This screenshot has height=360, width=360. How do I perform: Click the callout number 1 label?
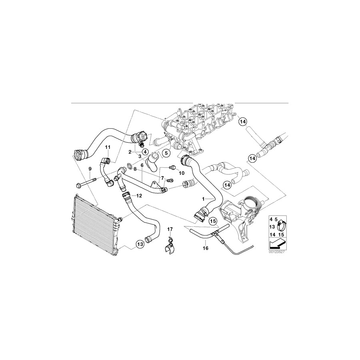[203, 198]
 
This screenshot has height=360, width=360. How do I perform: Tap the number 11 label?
[107, 148]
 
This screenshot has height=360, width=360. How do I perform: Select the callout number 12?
[139, 196]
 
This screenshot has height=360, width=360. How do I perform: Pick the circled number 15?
[212, 220]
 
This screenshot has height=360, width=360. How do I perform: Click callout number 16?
[206, 248]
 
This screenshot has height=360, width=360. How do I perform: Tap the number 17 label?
[170, 230]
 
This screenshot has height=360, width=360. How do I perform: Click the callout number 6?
[142, 164]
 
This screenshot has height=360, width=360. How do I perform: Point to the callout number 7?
[162, 177]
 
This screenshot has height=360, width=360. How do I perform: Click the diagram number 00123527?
[276, 253]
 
